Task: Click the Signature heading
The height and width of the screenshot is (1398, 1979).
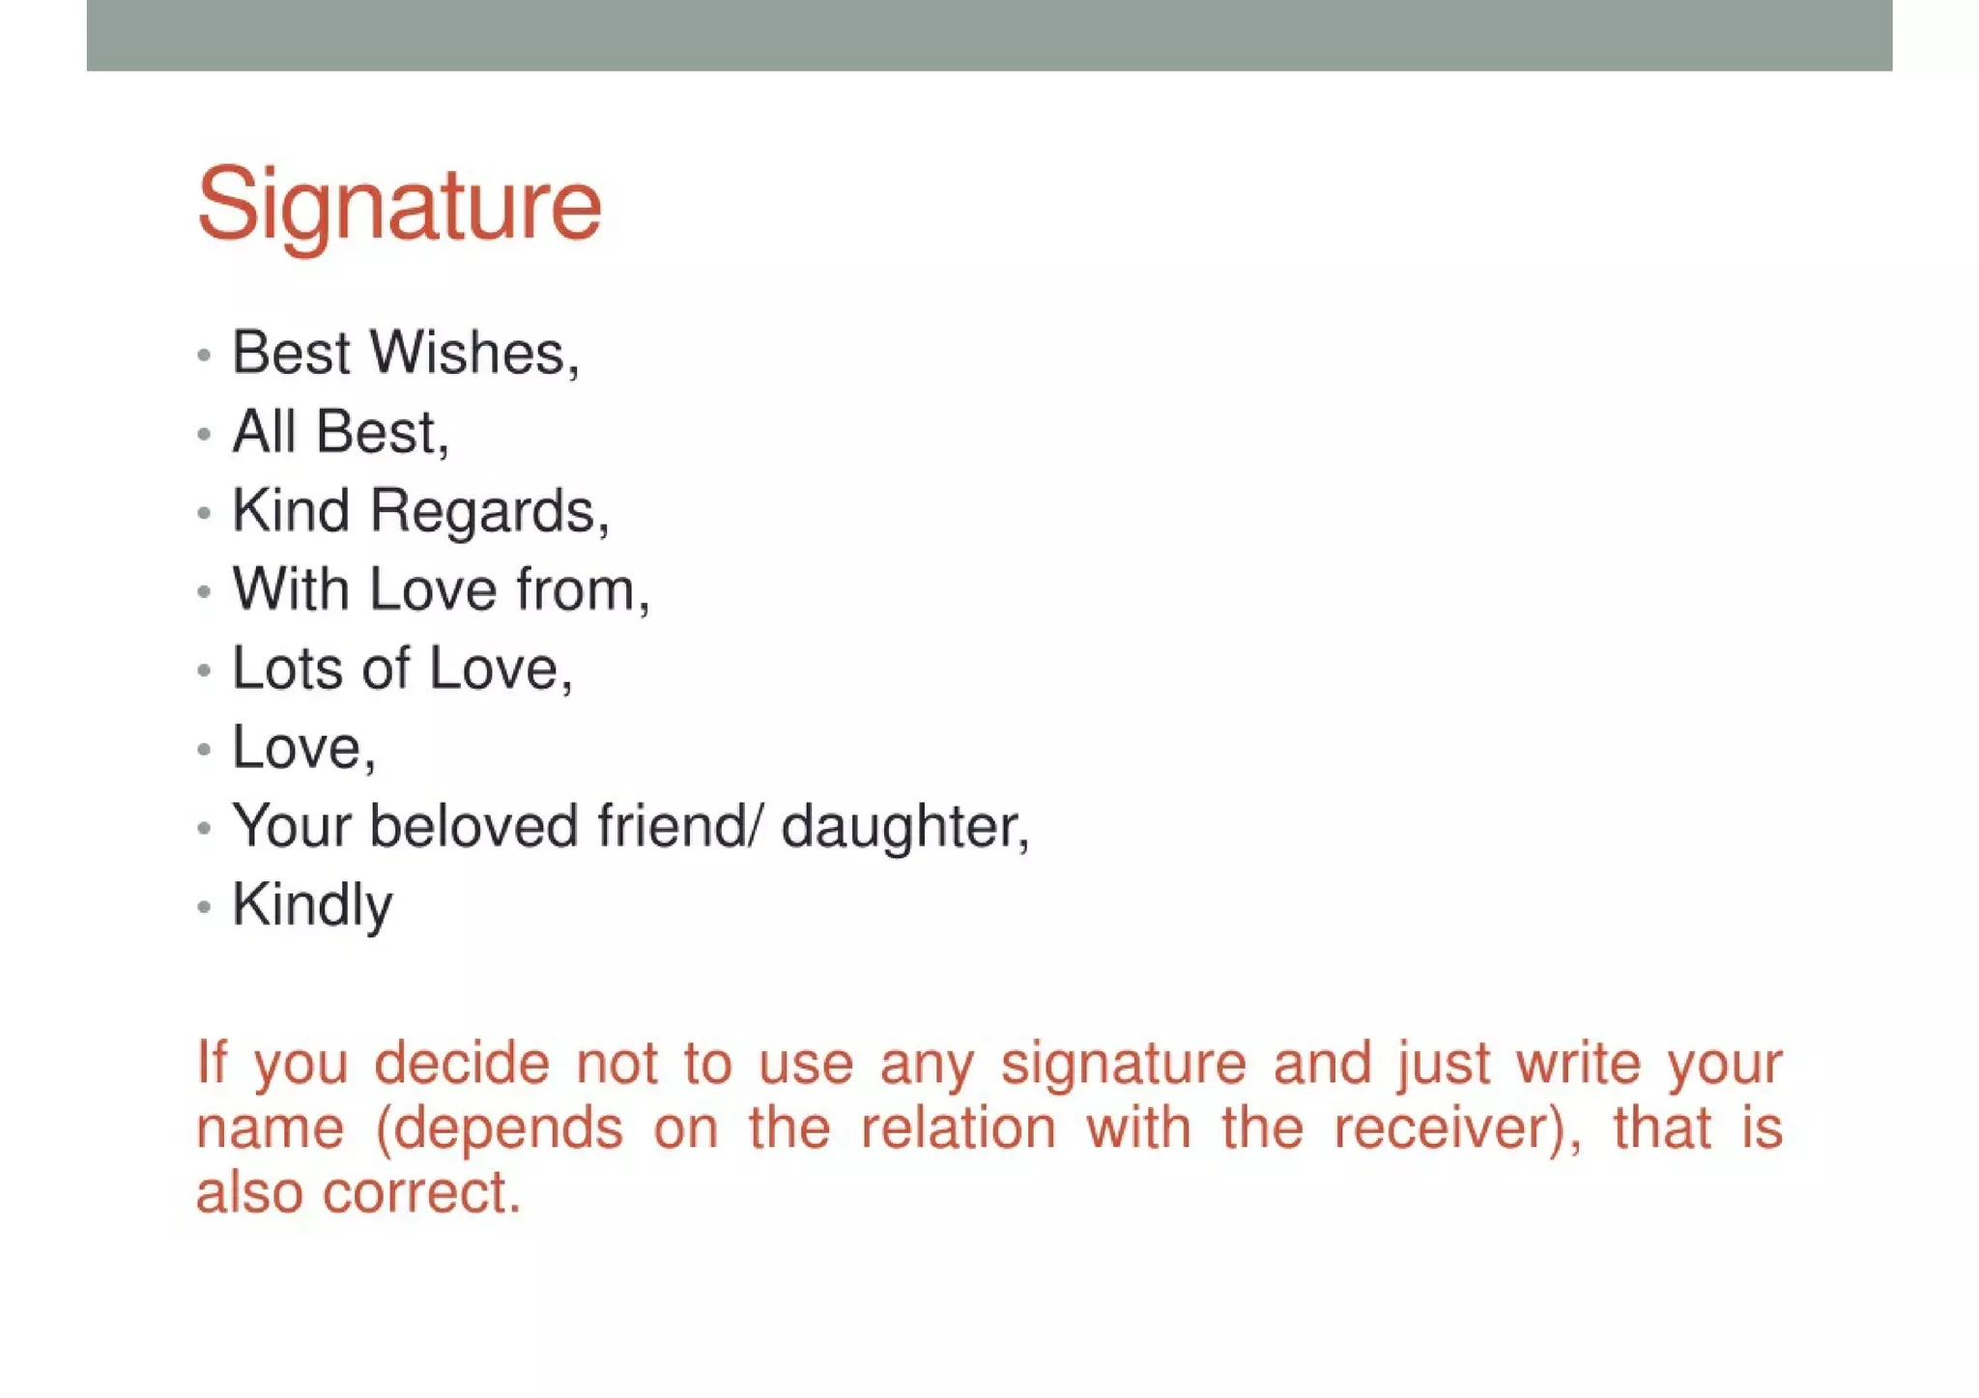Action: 398,205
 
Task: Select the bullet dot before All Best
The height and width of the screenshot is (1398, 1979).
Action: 203,435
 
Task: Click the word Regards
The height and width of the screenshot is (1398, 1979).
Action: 488,511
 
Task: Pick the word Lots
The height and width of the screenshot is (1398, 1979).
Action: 287,669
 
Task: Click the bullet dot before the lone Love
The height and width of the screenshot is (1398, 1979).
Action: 203,750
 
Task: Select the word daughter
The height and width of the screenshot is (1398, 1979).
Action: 903,829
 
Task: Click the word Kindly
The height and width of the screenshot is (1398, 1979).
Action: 312,907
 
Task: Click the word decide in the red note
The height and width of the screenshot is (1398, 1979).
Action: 462,1064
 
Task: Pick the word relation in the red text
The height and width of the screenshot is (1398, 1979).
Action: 958,1128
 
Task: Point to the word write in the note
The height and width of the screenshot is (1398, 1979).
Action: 1578,1064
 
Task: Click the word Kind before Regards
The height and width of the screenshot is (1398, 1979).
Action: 290,511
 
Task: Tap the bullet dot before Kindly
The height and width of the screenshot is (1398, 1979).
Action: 203,907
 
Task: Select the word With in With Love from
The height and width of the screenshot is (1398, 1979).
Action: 290,589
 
